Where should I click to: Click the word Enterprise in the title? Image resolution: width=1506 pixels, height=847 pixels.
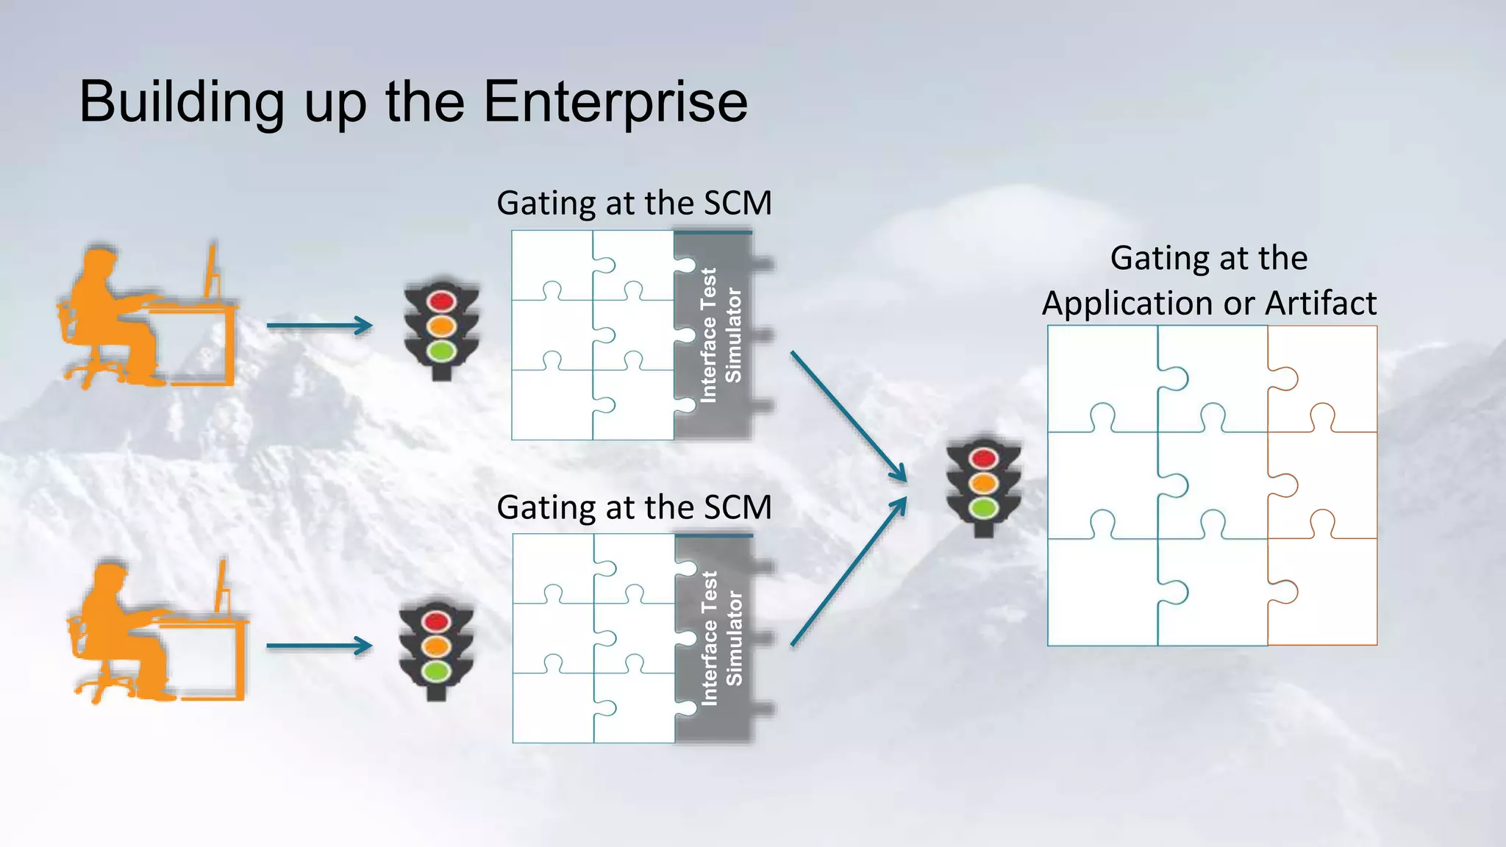coord(615,102)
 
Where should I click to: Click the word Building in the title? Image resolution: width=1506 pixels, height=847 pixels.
coord(182,102)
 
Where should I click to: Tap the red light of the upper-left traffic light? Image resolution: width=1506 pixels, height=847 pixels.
coord(441,301)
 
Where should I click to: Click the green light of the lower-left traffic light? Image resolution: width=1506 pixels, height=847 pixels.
coord(436,671)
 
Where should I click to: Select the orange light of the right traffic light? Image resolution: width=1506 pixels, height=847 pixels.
coord(984,483)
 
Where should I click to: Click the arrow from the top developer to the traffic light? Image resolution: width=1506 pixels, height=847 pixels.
coord(319,325)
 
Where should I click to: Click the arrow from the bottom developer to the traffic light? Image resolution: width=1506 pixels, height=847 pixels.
coord(319,646)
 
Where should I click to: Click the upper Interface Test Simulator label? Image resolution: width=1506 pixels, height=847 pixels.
coord(720,335)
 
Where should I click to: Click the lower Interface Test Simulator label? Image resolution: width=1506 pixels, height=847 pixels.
coord(721,638)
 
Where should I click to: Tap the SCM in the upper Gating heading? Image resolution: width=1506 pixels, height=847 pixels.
coord(737,203)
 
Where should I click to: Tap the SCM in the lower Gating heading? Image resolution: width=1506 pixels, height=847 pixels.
coord(737,507)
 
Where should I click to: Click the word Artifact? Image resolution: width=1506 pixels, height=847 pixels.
coord(1321,303)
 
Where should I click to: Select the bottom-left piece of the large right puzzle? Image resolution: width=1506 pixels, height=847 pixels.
coord(1101,592)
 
